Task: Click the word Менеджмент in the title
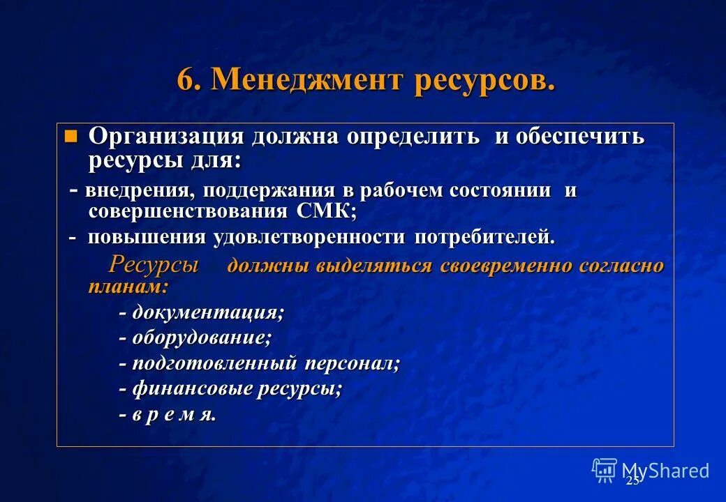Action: point(307,80)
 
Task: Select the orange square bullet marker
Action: point(70,135)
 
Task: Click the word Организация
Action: point(165,136)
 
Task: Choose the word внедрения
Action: point(140,190)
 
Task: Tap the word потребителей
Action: point(484,237)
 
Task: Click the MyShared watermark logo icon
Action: point(604,471)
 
